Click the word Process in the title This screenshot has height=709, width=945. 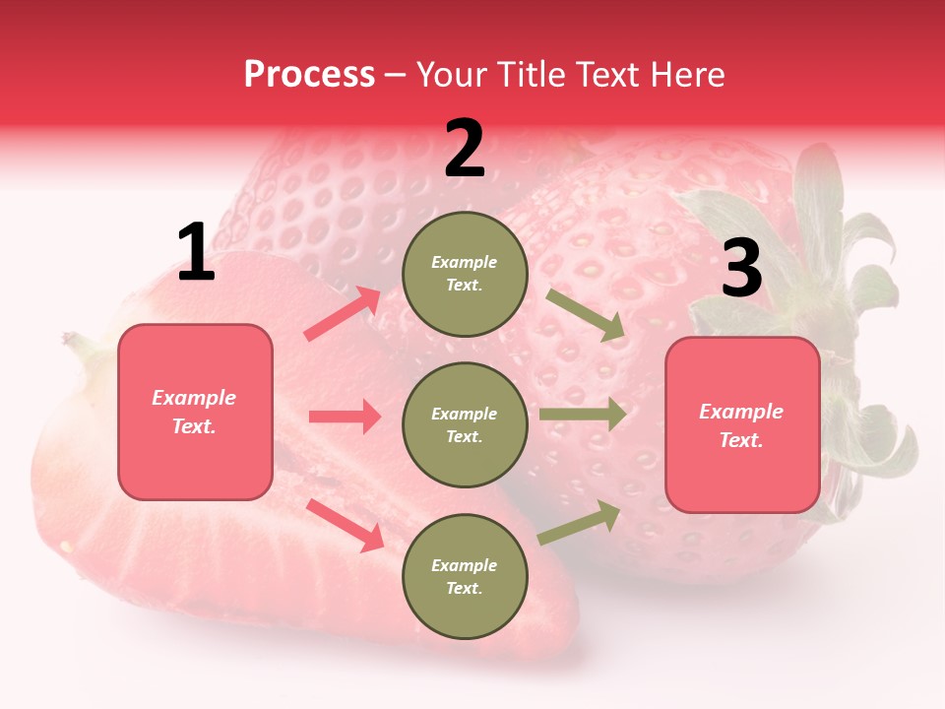(309, 74)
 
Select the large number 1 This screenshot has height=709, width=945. (196, 253)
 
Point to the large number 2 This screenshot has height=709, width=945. (465, 149)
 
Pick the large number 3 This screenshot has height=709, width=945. (741, 269)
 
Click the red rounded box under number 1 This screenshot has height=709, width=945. (195, 412)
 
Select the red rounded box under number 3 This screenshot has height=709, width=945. (742, 425)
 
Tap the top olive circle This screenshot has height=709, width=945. (465, 274)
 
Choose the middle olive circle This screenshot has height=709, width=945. (465, 425)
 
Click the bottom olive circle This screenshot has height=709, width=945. (465, 577)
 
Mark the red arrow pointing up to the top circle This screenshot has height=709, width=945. (343, 313)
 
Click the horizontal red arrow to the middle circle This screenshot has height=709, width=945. (345, 417)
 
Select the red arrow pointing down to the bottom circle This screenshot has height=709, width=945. (346, 525)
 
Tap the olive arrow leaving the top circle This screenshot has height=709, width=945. (586, 315)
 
